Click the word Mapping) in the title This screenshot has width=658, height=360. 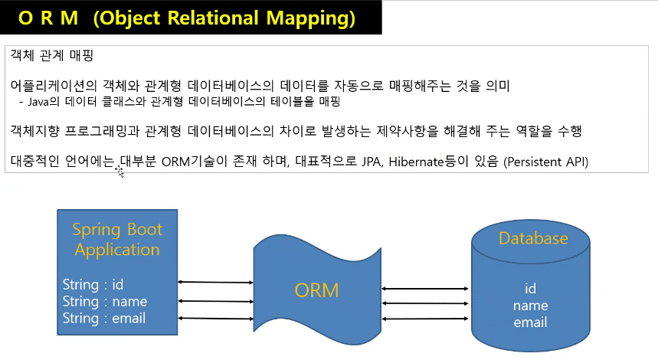point(311,18)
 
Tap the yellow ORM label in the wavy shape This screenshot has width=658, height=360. point(316,290)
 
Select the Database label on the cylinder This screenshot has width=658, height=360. point(533,238)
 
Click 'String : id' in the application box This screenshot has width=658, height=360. point(93,284)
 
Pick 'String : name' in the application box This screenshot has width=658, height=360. point(105,301)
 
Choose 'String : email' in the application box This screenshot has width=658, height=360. point(104,318)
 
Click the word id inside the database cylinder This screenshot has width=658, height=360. point(530,288)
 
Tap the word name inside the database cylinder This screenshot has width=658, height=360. point(530,306)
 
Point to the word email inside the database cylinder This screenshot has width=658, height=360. point(530,322)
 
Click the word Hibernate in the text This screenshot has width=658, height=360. point(416,162)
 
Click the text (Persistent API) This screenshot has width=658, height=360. point(546,162)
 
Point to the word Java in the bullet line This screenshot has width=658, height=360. point(38,102)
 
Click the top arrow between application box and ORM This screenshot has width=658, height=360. point(216,283)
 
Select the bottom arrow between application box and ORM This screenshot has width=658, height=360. point(216,319)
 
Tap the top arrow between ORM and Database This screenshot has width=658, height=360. point(424,289)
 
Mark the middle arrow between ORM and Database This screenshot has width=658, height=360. point(424,303)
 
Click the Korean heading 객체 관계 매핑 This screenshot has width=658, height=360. point(51,55)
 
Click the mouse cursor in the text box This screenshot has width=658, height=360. point(119,171)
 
